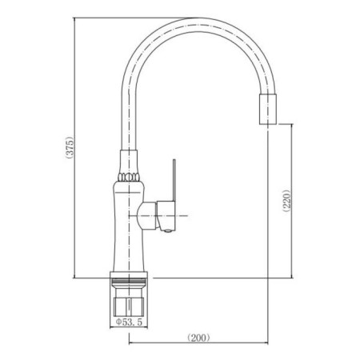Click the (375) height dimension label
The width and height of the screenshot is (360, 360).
point(69,148)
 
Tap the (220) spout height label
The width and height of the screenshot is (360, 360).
point(287,201)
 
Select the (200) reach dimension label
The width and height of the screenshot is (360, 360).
point(198,338)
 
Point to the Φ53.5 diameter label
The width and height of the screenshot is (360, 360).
point(129,322)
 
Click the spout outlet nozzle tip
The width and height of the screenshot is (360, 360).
point(268,109)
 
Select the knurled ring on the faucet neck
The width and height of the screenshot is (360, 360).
point(129,177)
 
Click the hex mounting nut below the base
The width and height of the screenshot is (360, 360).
point(129,306)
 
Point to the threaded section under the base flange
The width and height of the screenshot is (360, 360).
point(129,282)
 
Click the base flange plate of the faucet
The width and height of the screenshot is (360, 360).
point(129,275)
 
